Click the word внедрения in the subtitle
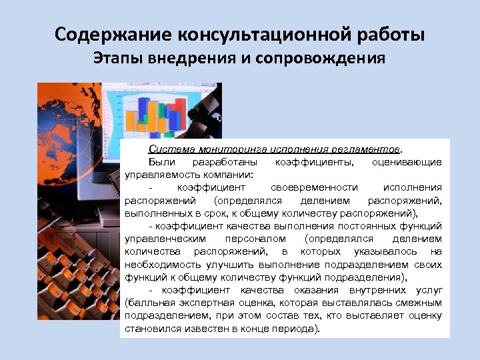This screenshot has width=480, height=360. pyautogui.click(x=201, y=58)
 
